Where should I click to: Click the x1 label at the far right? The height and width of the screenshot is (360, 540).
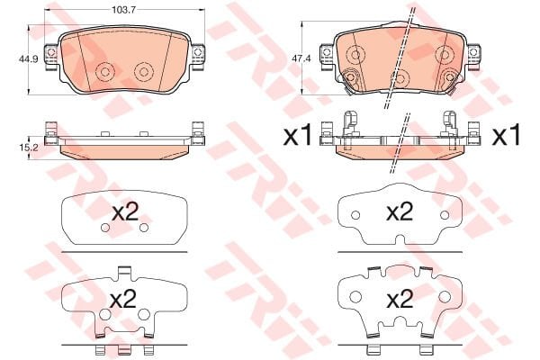[506, 136]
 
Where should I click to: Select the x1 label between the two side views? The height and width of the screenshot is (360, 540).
[297, 136]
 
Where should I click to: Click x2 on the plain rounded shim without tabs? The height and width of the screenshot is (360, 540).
[124, 214]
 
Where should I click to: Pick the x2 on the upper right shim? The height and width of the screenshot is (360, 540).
[399, 212]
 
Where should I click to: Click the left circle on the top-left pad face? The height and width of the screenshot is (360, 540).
[105, 72]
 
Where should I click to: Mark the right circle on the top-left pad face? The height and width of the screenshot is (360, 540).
[143, 71]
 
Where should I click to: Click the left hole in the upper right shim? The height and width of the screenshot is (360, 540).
[355, 216]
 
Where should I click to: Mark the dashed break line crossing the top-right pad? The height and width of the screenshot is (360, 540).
[400, 54]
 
